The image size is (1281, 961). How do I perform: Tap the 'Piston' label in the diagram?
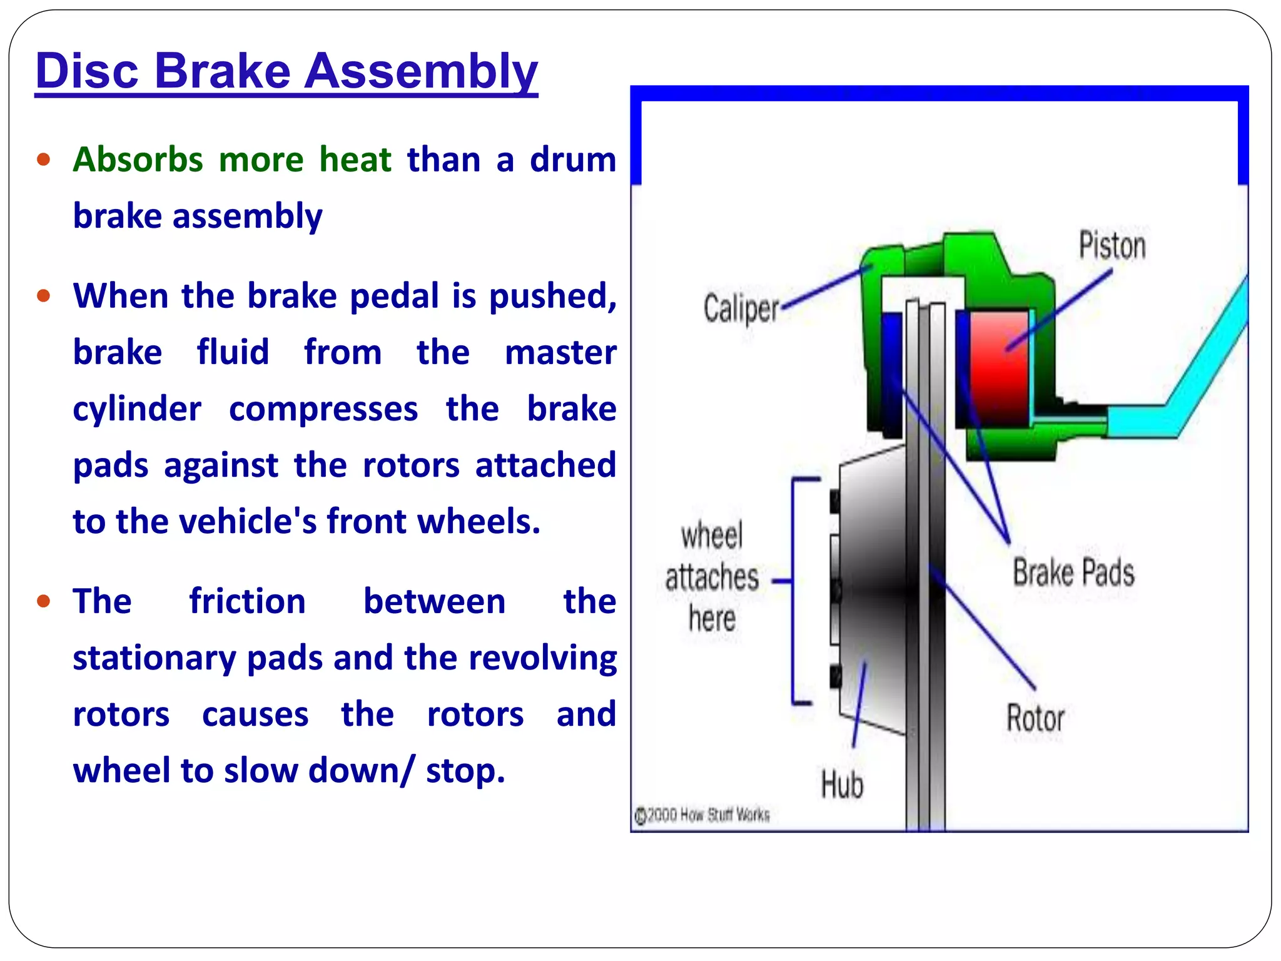1112,245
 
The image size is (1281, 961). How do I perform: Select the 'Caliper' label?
741,308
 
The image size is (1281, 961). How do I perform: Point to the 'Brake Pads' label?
1073,572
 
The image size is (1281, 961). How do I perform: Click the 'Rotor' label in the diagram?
1035,718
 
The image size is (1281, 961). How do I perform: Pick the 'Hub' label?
842,785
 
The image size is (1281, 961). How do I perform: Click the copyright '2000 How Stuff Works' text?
703,815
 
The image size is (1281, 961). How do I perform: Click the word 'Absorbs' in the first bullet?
138,160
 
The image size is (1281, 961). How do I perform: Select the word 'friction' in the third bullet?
248,601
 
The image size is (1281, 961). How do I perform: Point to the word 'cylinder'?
137,409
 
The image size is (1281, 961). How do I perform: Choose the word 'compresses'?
323,409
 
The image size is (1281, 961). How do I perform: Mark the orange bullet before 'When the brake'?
43,295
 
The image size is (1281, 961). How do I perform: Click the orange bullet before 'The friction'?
43,602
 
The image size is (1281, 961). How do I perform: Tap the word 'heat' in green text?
355,160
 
